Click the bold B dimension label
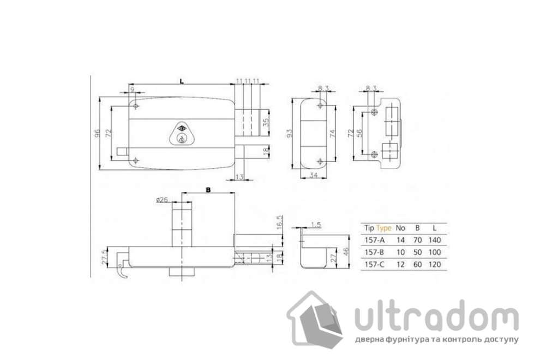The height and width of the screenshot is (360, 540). point(208,190)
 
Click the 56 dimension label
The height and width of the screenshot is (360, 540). point(359,133)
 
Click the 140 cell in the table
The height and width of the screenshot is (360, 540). point(434,240)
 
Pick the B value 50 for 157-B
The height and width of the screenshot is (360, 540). point(417,253)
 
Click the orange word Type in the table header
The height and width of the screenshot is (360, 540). point(384,228)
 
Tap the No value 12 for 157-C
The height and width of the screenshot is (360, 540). point(400,265)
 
